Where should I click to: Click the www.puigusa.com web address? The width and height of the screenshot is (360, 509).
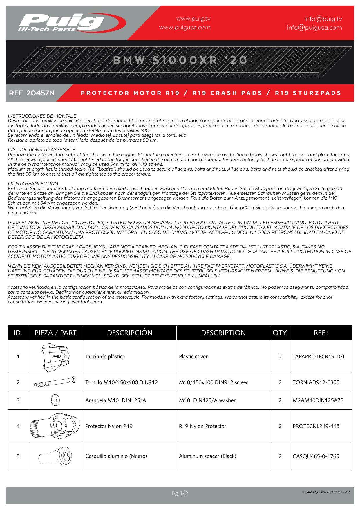tap(185, 28)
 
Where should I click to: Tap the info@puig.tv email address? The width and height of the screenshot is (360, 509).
tap(323, 19)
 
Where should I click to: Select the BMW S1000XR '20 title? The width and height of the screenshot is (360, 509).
tap(180, 60)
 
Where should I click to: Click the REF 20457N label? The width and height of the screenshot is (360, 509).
tap(32, 93)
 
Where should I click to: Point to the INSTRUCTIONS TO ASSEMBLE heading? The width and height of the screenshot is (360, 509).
tap(41, 150)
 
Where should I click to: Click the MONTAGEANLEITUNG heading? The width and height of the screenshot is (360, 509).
tap(33, 184)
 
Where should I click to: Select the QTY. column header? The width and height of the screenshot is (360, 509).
tap(280, 333)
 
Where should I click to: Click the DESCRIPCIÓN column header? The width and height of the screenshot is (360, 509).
tap(130, 333)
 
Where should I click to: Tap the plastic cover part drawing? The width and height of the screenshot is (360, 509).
tap(55, 357)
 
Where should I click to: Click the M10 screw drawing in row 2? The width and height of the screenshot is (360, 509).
tap(55, 382)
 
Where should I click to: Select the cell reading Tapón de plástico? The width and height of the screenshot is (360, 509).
tap(105, 357)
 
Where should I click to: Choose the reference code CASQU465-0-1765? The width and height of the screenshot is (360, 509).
tap(316, 456)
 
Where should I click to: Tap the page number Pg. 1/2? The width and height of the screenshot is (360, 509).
tap(180, 493)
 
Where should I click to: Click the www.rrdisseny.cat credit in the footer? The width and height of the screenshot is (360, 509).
tap(335, 492)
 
